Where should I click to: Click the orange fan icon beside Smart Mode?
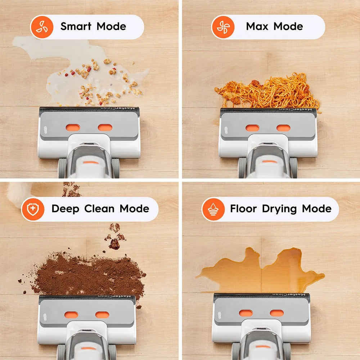(x=42, y=27)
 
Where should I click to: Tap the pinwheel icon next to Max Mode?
(x=223, y=27)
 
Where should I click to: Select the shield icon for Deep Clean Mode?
(x=33, y=209)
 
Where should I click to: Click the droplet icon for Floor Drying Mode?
(x=213, y=209)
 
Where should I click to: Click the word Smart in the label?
(x=76, y=26)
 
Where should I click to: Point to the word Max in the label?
(x=257, y=26)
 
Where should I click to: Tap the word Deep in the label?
(x=66, y=209)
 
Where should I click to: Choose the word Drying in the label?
(x=279, y=209)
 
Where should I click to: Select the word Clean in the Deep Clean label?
(x=99, y=209)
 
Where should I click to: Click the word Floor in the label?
(x=243, y=209)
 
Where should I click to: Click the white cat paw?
(x=18, y=193)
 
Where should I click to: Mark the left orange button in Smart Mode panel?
(x=73, y=127)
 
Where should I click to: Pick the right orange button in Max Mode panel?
(x=283, y=128)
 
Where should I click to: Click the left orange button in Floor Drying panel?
(x=246, y=313)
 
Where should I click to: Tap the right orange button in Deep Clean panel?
(x=102, y=315)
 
